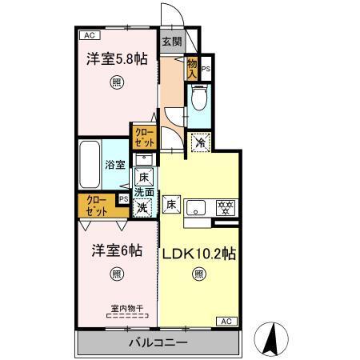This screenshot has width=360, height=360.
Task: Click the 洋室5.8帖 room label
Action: (117, 59)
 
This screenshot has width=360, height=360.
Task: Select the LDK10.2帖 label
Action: (198, 254)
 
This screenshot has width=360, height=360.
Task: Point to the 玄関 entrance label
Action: (170, 42)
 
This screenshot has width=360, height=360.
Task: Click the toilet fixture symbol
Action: (199, 99)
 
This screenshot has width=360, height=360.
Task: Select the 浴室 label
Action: (115, 166)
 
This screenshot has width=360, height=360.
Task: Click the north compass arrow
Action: (273, 336)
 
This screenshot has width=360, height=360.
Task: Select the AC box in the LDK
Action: (226, 321)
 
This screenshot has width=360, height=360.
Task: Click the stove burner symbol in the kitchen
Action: (226, 207)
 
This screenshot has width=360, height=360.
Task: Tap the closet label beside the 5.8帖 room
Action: (145, 137)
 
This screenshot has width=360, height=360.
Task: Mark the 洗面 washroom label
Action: (143, 192)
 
